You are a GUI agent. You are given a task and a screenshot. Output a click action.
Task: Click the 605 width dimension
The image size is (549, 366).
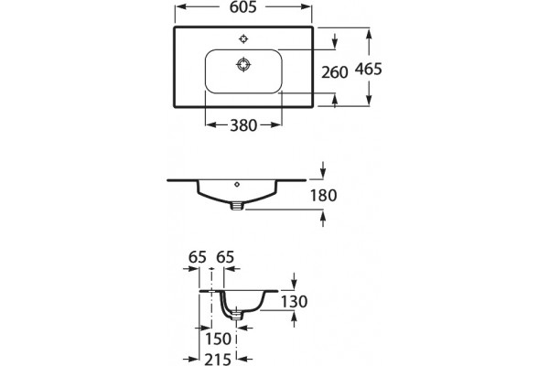[243, 7]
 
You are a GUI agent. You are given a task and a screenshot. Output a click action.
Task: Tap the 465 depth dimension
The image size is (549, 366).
[369, 69]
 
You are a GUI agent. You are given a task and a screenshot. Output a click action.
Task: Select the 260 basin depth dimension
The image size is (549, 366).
[335, 72]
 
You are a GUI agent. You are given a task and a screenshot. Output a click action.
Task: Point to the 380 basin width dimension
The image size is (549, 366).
[243, 125]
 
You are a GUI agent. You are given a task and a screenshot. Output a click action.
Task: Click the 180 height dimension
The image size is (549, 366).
[324, 196]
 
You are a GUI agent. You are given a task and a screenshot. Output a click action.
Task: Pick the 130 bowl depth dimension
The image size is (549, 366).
[294, 302]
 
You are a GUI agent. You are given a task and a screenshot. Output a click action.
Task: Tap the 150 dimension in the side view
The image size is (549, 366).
[218, 339]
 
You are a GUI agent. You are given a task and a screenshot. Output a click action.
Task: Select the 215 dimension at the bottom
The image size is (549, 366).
[218, 360]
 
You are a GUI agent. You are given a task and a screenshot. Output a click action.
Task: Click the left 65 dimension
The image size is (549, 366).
[198, 257]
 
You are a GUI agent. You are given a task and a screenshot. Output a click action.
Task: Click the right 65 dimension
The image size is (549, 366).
[225, 257]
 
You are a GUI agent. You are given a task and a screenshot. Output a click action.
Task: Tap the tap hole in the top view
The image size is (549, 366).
[243, 38]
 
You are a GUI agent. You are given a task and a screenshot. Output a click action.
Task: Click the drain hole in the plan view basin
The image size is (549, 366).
[243, 65]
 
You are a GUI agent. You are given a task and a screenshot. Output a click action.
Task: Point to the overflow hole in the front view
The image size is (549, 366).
[237, 184]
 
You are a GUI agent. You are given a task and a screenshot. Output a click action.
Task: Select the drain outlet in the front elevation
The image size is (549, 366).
[237, 206]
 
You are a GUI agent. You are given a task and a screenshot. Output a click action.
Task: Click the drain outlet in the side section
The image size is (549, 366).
[237, 315]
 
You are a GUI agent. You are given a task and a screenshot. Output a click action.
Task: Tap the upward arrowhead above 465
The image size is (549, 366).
[369, 35]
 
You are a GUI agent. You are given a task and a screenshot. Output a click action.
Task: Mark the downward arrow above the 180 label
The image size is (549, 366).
[323, 170]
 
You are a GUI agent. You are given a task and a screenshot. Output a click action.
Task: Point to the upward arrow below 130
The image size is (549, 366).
[294, 319]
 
